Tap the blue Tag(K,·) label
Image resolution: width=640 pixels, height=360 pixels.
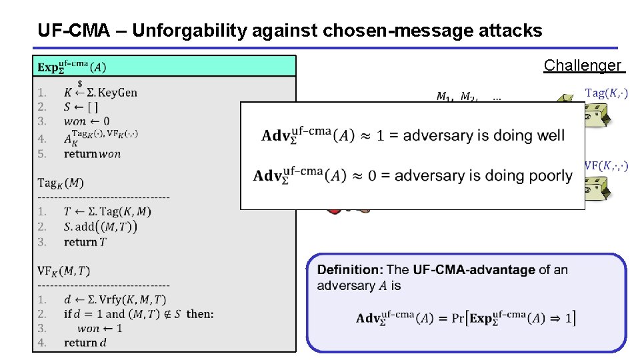coord(606,93)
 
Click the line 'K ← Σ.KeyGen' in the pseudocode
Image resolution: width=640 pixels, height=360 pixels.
coord(100,93)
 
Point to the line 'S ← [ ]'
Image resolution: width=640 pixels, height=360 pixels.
coord(81,107)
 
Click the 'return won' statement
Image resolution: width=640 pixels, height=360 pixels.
coord(93,153)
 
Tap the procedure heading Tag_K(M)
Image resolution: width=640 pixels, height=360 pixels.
coord(61,183)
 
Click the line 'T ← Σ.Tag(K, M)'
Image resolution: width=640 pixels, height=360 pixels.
coord(107,212)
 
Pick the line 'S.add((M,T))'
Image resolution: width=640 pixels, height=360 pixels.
coord(101,227)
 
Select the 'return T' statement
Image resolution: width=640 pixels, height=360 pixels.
coord(85,242)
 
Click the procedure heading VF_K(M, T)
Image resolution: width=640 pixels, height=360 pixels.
coord(64,271)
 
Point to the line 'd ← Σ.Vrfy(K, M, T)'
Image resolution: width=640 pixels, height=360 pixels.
coord(115,300)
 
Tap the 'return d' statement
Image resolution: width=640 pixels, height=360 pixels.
coord(85,343)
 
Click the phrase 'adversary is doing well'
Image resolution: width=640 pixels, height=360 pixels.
coord(484,135)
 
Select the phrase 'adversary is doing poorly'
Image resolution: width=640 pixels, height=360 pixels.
coord(483,175)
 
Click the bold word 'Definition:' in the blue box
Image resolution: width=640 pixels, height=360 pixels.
coord(350,270)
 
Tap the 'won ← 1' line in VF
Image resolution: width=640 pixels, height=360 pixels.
coord(100,328)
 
